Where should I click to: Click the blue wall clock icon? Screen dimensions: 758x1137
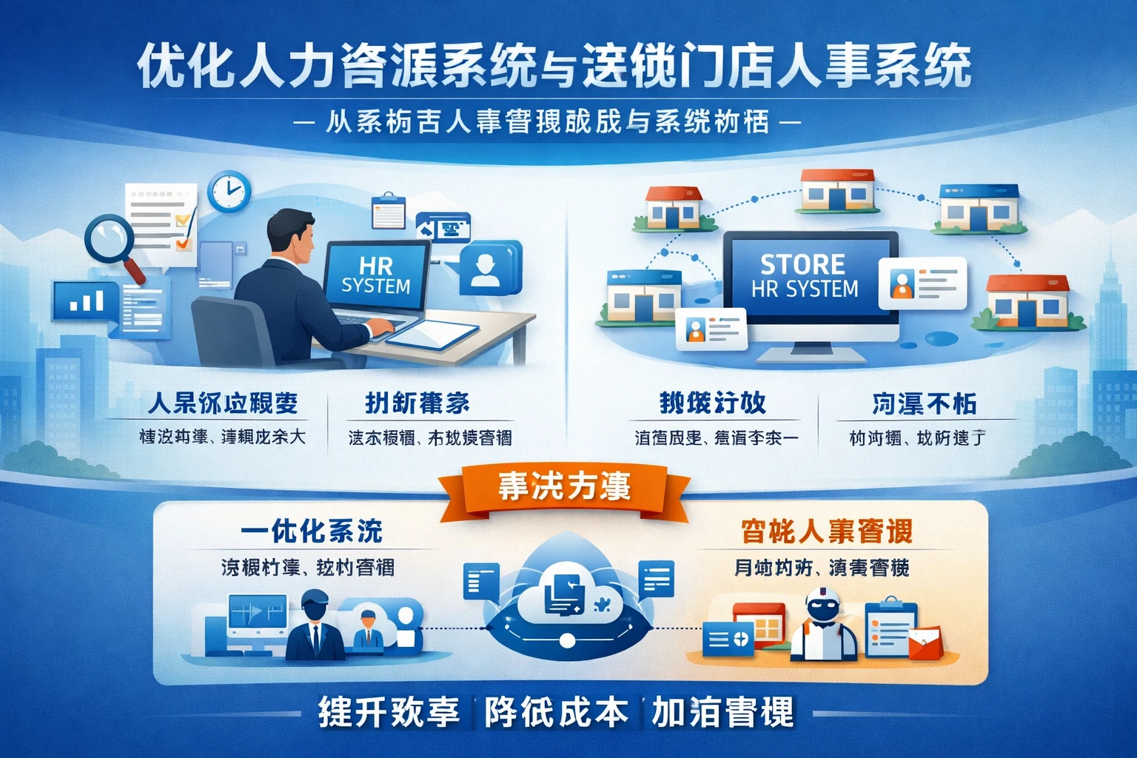coord(229,191)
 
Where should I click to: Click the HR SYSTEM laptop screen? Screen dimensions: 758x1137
coord(376,276)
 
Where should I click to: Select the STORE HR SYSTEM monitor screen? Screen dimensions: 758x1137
coord(805,275)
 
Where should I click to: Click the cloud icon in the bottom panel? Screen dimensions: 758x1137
coord(567,600)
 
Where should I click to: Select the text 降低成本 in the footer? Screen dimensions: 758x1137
coord(557,713)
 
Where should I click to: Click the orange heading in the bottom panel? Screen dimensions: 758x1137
coord(826,531)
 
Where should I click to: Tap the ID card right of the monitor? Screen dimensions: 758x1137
coord(922,284)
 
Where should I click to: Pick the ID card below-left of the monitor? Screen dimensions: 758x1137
coord(710,329)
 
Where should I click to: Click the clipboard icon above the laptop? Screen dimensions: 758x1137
coord(388,212)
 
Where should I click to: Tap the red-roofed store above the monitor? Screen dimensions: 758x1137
coord(838,190)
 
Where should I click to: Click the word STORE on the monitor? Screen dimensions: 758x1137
coord(802,264)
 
